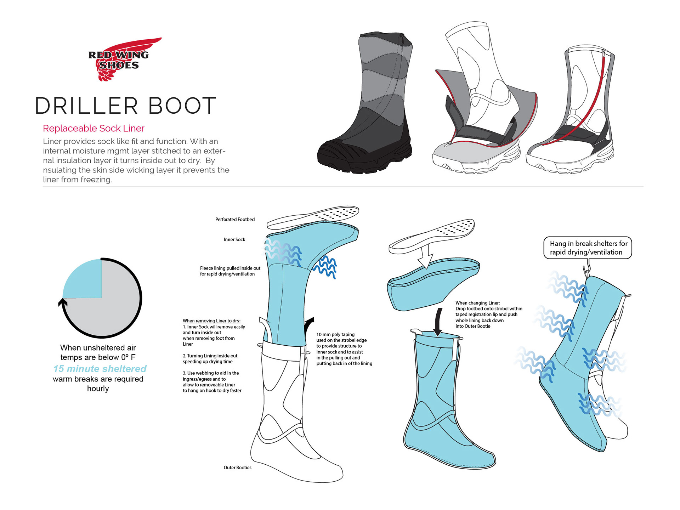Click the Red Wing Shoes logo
[120, 59]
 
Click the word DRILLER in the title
[86, 106]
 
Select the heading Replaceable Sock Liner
[93, 128]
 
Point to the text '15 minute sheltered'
[100, 369]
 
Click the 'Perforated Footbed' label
[235, 220]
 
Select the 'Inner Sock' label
[234, 240]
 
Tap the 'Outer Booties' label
[237, 467]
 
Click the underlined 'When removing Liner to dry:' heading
[211, 321]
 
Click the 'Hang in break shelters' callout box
[588, 248]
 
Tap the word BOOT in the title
[182, 106]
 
